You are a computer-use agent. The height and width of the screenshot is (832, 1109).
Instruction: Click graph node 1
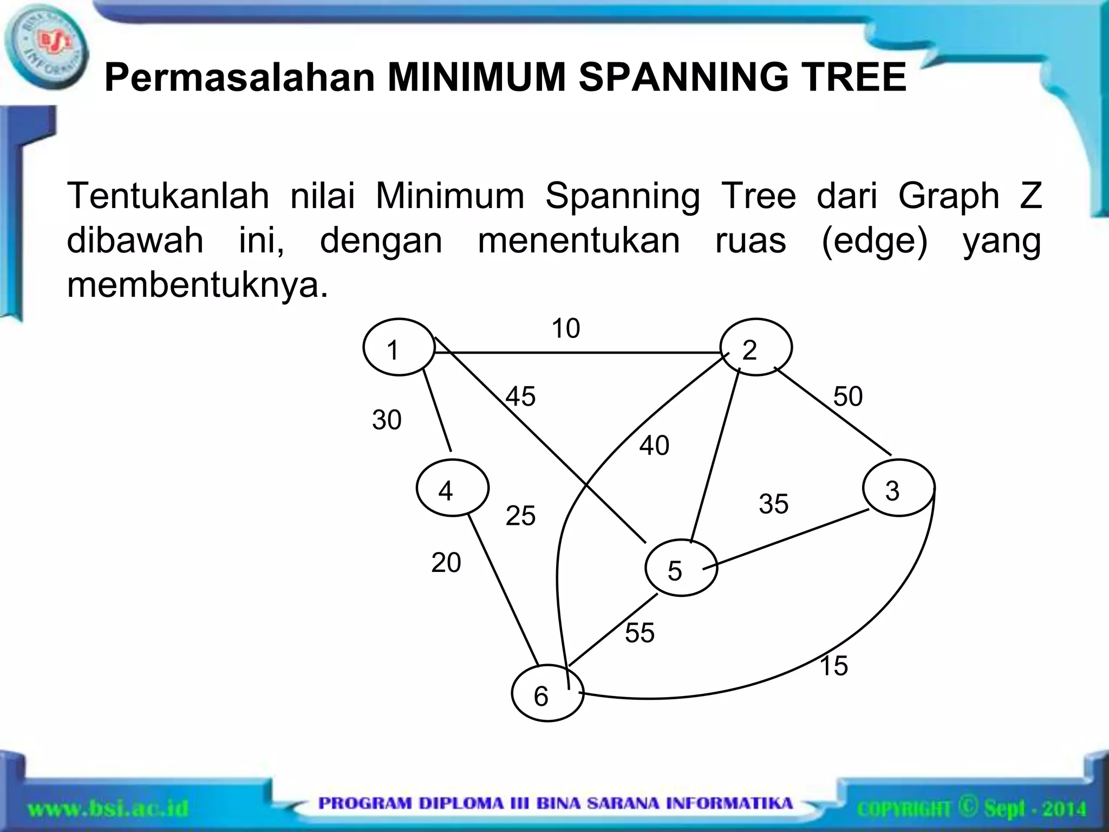[399, 347]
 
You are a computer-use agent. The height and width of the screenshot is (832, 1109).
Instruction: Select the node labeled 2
[756, 347]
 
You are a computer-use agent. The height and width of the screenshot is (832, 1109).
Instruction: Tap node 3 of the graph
[898, 487]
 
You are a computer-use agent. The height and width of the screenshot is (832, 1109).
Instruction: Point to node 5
[681, 568]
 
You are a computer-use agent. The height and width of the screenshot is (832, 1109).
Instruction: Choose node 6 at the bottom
[547, 693]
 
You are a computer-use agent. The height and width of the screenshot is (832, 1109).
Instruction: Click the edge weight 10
[565, 328]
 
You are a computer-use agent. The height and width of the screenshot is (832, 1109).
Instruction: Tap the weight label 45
[520, 396]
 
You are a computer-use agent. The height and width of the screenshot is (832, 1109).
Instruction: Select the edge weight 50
[847, 396]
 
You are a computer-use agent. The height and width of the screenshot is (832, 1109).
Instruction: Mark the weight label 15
[833, 666]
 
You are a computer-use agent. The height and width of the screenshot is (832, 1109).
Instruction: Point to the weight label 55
[640, 633]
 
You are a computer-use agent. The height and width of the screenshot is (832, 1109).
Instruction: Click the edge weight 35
[773, 504]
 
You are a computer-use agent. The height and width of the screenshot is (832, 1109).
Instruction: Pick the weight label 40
[654, 445]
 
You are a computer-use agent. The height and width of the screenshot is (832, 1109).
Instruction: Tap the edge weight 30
[387, 420]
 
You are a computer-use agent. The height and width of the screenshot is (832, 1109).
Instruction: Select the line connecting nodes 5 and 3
[785, 539]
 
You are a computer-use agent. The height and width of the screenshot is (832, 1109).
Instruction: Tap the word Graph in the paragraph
[948, 196]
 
